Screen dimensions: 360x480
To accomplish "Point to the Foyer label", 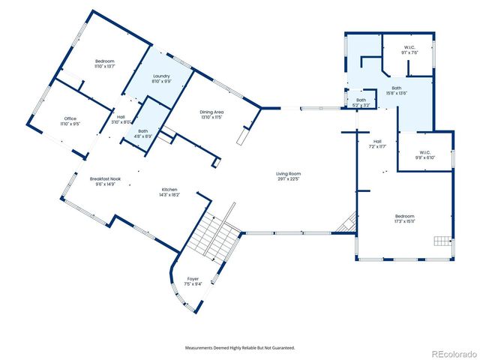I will tap(193, 281).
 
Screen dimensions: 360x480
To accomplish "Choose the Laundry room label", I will tap(161, 79).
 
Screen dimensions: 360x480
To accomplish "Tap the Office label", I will tap(70, 121).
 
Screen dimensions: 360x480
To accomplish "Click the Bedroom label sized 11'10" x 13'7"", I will tap(105, 63).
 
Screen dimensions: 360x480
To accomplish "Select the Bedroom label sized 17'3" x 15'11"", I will tap(404, 219).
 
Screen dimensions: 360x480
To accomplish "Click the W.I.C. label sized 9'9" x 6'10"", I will tap(425, 155).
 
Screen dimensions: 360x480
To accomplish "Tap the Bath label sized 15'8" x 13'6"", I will tap(396, 91).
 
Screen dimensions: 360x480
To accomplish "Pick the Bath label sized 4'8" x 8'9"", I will tap(142, 134).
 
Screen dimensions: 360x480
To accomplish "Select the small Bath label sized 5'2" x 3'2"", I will tap(361, 103).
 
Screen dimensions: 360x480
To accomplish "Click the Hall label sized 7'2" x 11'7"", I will tap(376, 144).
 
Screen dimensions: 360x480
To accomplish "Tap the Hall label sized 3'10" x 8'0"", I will tap(120, 119).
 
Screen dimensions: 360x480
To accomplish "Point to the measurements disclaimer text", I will tap(240, 348).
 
